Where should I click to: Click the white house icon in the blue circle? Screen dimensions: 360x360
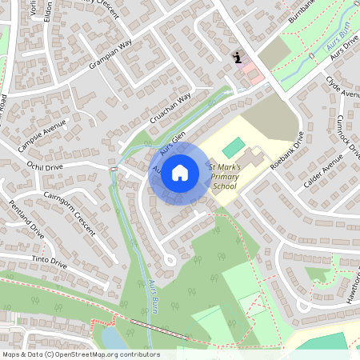pyautogui.click(x=180, y=172)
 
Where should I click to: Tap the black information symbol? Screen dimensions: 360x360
pyautogui.click(x=237, y=58)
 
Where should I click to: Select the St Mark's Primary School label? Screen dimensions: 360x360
pyautogui.click(x=223, y=176)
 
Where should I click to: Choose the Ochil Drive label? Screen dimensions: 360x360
pyautogui.click(x=43, y=168)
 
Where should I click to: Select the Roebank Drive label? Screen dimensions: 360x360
pyautogui.click(x=287, y=151)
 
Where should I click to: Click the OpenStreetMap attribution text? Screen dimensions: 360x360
pyautogui.click(x=81, y=354)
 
